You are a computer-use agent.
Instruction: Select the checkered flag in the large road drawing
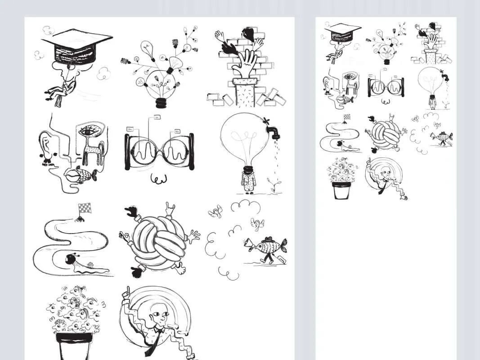click(84, 208)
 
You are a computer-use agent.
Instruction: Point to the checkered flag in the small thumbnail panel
click(346, 117)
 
